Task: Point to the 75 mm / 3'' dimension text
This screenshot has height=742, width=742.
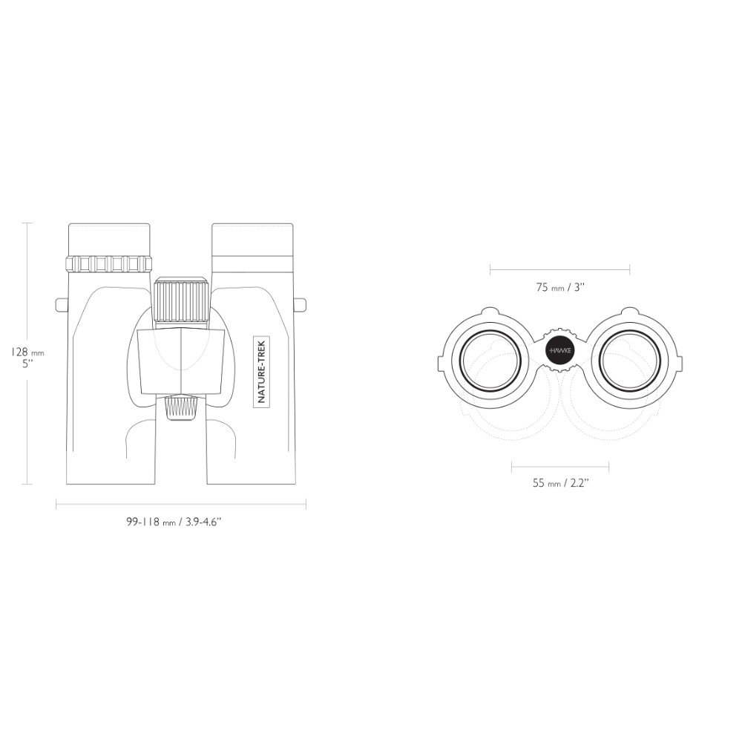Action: pyautogui.click(x=560, y=286)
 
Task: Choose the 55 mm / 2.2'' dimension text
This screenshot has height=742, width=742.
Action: pyautogui.click(x=560, y=483)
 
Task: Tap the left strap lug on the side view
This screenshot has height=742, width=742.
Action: pyautogui.click(x=62, y=305)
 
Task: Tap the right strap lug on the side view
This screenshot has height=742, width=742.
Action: pyautogui.click(x=300, y=305)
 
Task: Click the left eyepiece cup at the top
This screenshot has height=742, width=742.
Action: pyautogui.click(x=109, y=240)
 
